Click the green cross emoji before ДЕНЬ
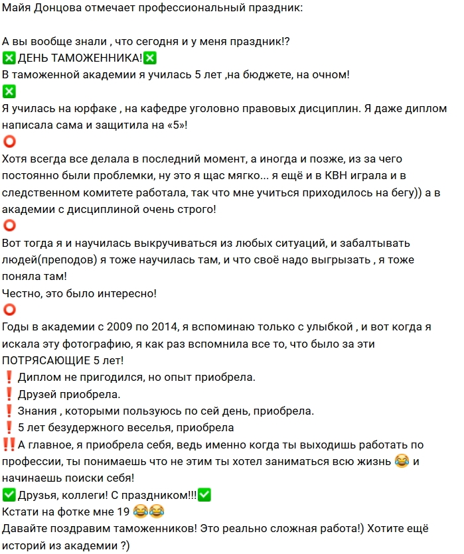point(9,58)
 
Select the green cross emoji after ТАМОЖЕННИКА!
point(151,58)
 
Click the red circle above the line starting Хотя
point(9,142)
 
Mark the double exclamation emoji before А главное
point(9,445)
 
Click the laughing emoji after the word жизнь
point(402,460)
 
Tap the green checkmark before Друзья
point(9,494)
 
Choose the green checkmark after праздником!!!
point(204,494)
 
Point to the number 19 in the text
point(120,511)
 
